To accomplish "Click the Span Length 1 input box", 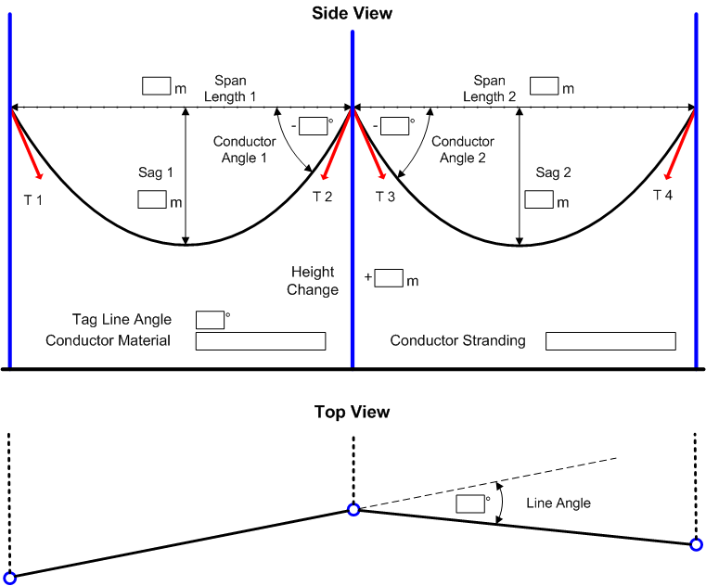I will tap(155, 86).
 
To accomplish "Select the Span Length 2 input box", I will tap(544, 86).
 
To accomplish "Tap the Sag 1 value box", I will tap(151, 199).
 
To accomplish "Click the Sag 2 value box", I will tap(539, 199).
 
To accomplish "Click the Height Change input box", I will tap(390, 278).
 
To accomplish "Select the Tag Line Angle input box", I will tap(210, 320).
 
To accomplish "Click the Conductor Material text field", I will tap(261, 341).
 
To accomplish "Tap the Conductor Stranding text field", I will tap(610, 341).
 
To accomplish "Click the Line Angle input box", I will tap(471, 503).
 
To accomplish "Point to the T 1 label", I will tap(33, 200).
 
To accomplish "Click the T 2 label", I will tap(322, 197).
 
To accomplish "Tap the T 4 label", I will tap(663, 195).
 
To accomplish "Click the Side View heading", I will tap(353, 13).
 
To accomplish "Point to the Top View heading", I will tap(353, 412).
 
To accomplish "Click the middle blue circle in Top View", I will tap(353, 509).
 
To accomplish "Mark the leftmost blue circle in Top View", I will tap(10, 578).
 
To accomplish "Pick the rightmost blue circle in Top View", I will tap(697, 544).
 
